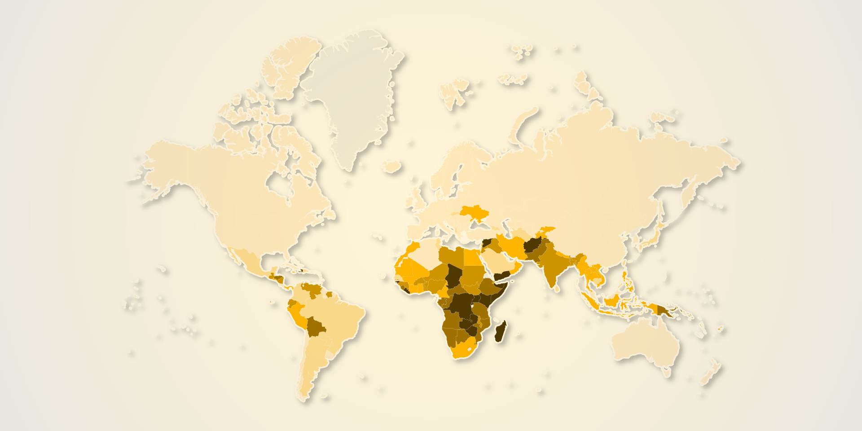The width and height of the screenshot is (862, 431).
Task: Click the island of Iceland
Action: pos(391,167)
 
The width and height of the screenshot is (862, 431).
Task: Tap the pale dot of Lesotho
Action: pos(470,348)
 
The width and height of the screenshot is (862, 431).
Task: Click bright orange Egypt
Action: pos(471,257)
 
